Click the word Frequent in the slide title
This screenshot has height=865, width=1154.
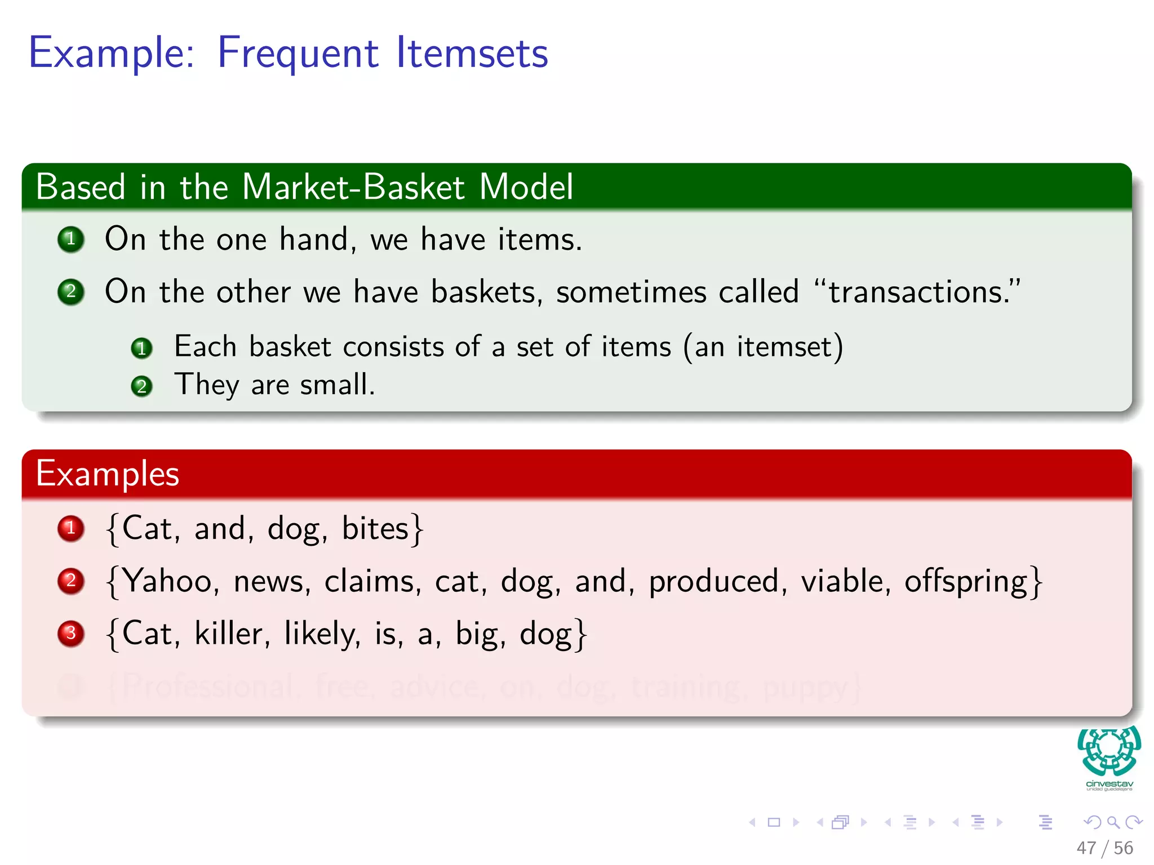coord(298,53)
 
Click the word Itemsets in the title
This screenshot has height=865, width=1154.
coord(472,53)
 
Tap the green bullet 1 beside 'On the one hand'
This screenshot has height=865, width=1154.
coord(71,239)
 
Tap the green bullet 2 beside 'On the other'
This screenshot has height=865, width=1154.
coord(71,292)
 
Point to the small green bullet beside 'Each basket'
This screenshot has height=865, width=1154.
coord(141,348)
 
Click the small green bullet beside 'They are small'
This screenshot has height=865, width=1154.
coord(141,386)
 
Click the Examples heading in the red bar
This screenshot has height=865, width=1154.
coord(108,474)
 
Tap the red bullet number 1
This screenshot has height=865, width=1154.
coord(71,528)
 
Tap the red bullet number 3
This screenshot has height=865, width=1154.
coord(71,634)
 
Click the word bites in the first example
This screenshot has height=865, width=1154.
coord(375,529)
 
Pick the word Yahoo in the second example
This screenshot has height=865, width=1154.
coord(167,581)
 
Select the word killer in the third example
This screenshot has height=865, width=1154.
coord(229,634)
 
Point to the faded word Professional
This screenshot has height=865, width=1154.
coord(207,686)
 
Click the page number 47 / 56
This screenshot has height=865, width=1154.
coord(1104,848)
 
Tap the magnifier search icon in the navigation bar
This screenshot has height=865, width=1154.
coord(1113,822)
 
